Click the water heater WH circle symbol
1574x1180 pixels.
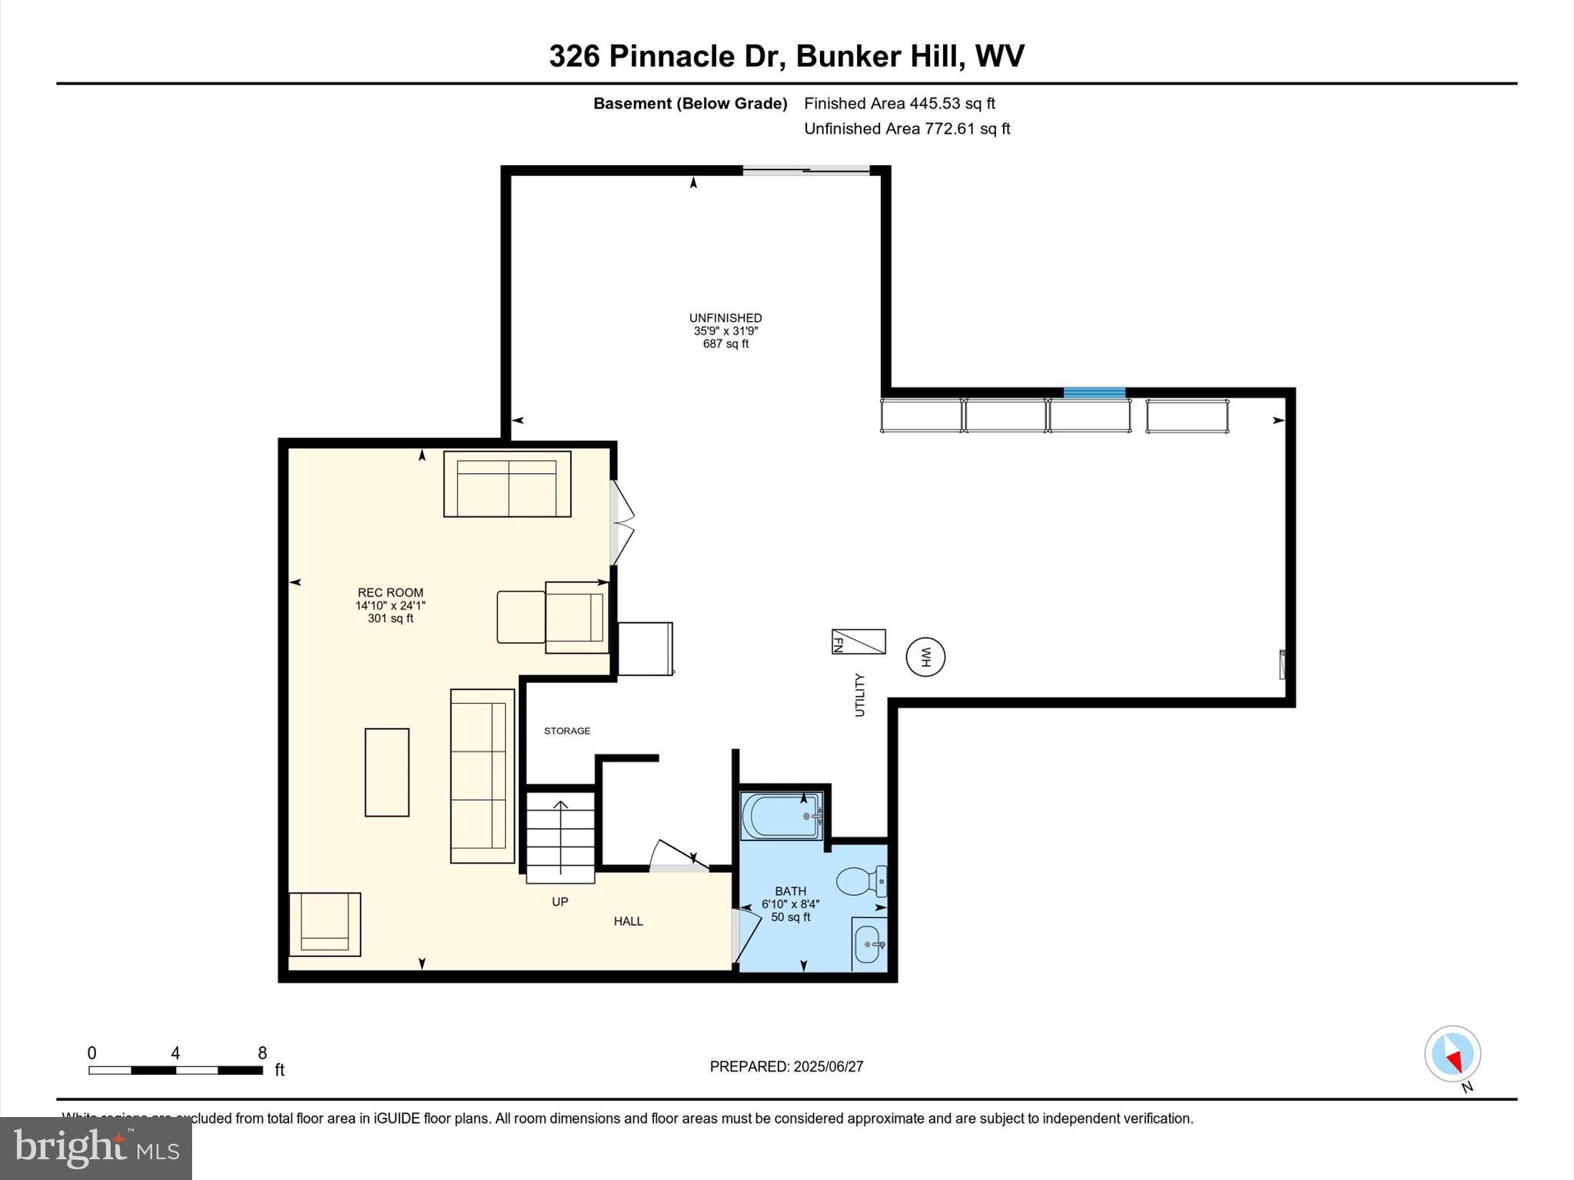pyautogui.click(x=925, y=658)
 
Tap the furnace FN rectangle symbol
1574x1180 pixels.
pyautogui.click(x=858, y=641)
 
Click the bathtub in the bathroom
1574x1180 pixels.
pyautogui.click(x=782, y=816)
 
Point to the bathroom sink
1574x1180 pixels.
pyautogui.click(x=868, y=944)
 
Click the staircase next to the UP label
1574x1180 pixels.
pyautogui.click(x=560, y=837)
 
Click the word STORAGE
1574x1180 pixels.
pyautogui.click(x=567, y=731)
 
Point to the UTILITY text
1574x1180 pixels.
pyautogui.click(x=860, y=695)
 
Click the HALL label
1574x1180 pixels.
pyautogui.click(x=628, y=921)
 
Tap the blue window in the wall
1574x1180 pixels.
pyautogui.click(x=1094, y=393)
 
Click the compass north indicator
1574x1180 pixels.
pyautogui.click(x=1453, y=1055)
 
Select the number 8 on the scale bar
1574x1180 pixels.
pyautogui.click(x=262, y=1053)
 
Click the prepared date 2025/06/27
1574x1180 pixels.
pyautogui.click(x=828, y=1066)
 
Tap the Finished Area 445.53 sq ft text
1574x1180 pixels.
pyautogui.click(x=899, y=103)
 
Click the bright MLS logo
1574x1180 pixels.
pyautogui.click(x=96, y=1149)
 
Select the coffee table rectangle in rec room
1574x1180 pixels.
pyautogui.click(x=387, y=772)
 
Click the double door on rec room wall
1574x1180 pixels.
pyautogui.click(x=621, y=523)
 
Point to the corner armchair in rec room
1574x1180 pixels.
pyautogui.click(x=324, y=923)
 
